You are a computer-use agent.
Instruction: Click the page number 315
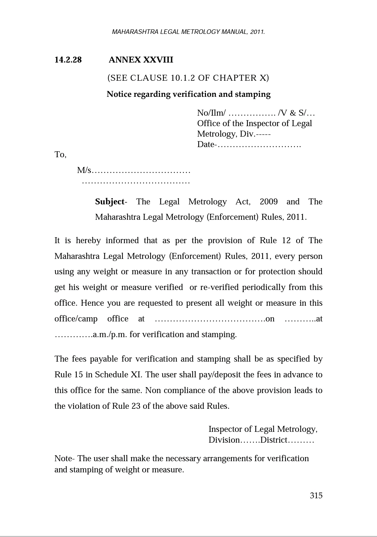coord(316,496)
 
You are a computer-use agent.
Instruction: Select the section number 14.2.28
coord(68,60)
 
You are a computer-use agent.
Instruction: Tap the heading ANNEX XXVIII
coord(141,60)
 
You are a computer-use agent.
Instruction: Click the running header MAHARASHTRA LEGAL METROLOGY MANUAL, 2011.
coord(188,32)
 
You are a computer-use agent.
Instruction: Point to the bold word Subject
coord(110,202)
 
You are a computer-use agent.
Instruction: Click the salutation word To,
coord(60,154)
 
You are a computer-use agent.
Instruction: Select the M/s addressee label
coord(84,170)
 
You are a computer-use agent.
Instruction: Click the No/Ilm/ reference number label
coord(211,113)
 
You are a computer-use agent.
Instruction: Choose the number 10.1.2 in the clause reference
coord(183,78)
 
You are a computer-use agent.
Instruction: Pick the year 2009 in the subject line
coord(268,202)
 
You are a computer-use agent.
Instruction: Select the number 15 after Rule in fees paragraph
coord(78,375)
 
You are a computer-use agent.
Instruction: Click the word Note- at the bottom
coord(65,458)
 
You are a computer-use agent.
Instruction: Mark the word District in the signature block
coord(274,440)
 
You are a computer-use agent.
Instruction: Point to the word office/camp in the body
coord(76,319)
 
